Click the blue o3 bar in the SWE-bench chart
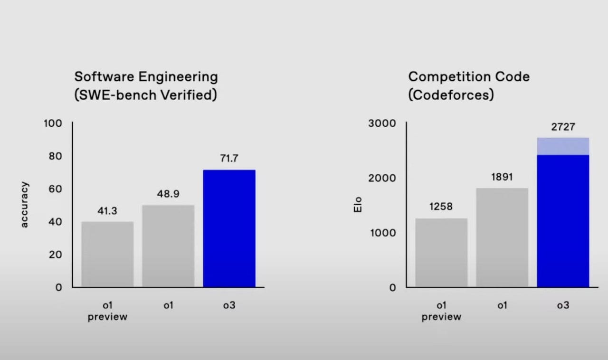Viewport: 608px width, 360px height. click(229, 228)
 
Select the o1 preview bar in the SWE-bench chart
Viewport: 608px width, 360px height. click(107, 254)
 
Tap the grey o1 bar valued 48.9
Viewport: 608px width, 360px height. click(168, 246)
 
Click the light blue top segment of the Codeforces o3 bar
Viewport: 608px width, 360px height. click(563, 146)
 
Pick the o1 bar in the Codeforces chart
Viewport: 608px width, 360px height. click(502, 237)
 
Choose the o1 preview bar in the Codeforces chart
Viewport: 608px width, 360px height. click(441, 253)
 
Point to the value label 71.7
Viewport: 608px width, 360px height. click(229, 159)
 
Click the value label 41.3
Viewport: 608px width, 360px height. click(107, 211)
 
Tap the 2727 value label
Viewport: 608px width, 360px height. click(563, 127)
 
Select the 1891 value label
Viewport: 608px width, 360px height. click(502, 177)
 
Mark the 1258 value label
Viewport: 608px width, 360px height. click(441, 207)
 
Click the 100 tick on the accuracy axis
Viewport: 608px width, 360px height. click(53, 123)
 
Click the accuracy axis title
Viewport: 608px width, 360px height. click(25, 205)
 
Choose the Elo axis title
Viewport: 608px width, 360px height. click(358, 205)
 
